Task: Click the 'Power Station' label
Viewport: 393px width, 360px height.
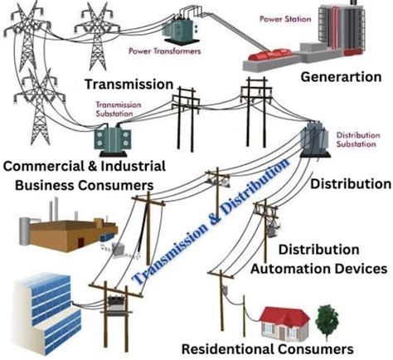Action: [x=285, y=19]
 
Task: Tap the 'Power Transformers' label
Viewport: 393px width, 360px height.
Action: [x=165, y=51]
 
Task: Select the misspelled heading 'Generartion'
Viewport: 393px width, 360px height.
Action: [x=341, y=77]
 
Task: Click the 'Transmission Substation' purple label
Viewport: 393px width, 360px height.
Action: [x=119, y=109]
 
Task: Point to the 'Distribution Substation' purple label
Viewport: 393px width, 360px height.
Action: [x=358, y=139]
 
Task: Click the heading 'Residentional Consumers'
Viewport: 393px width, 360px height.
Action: [x=268, y=349]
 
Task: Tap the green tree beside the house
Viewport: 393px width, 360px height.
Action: [x=327, y=322]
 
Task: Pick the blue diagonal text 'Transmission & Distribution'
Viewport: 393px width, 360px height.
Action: [x=211, y=222]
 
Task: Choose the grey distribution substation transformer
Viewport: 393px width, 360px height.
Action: [x=315, y=139]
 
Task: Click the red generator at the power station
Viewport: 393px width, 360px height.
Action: [x=270, y=55]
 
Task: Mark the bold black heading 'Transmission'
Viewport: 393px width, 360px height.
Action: [x=129, y=84]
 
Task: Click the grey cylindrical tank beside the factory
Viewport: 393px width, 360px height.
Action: [x=24, y=231]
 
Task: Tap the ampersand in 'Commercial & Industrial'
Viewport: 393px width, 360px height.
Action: [x=94, y=167]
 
